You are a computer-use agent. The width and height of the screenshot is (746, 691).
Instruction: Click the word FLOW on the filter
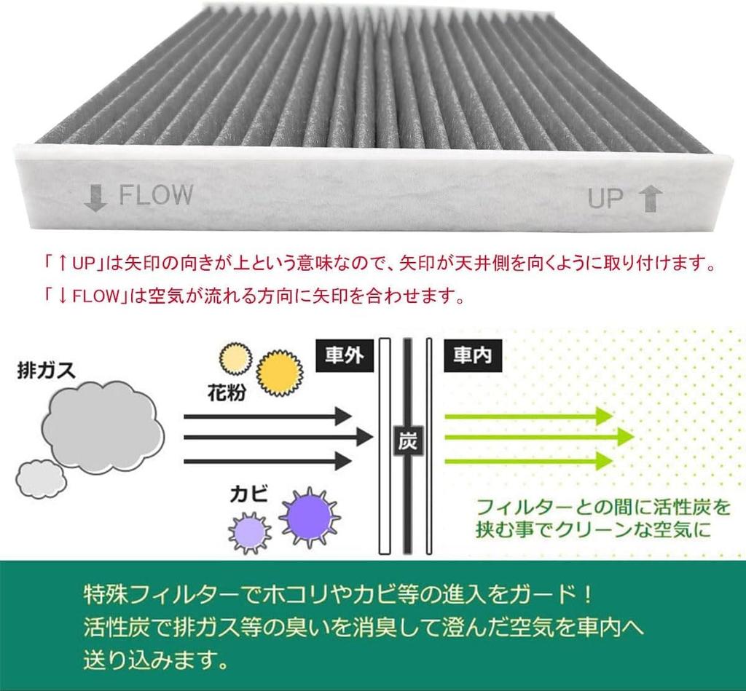point(156,195)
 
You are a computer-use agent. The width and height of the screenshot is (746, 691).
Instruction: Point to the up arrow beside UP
point(650,198)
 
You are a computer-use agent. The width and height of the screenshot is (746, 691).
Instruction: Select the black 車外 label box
point(345,355)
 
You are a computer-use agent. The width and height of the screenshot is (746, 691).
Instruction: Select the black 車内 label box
point(471,355)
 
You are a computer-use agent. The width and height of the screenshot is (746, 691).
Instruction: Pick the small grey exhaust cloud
point(41,478)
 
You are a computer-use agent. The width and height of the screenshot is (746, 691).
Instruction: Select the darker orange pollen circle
point(280,374)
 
